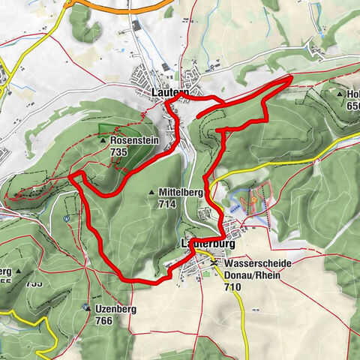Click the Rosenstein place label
[133, 140]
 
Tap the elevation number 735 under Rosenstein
[118, 151]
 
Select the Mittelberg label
[177, 193]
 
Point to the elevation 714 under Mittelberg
[166, 203]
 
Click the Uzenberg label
[114, 309]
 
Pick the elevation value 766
[104, 319]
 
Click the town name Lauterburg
[208, 245]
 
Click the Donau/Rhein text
[249, 275]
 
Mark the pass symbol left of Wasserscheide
[215, 264]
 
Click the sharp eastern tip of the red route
[292, 77]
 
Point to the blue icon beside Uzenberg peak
[85, 307]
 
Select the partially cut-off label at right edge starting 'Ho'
[352, 95]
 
